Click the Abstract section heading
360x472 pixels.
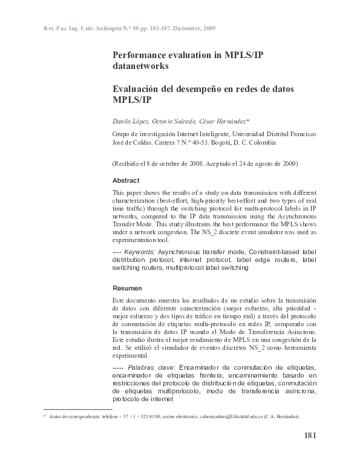coord(126,180)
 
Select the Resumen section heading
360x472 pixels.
coord(126,288)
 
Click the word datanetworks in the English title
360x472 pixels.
coord(140,65)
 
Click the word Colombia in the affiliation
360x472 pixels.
coord(261,143)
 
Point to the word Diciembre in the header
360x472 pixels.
coord(185,28)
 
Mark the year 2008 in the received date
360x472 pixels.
coord(194,164)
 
